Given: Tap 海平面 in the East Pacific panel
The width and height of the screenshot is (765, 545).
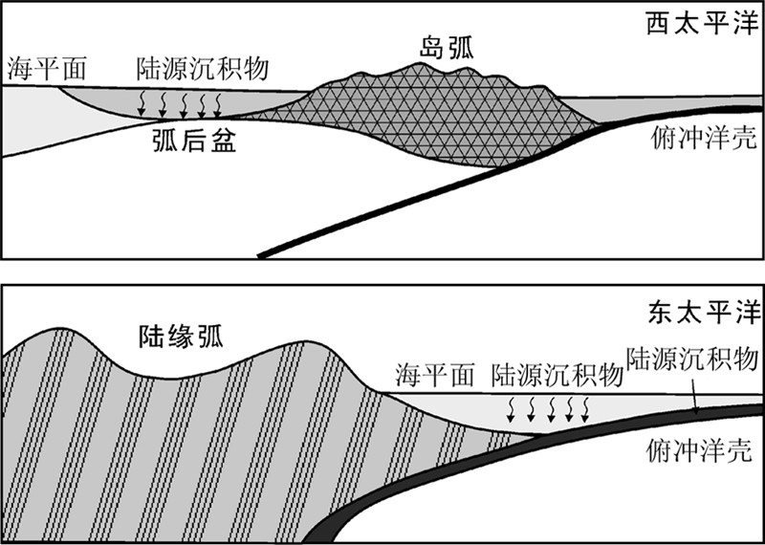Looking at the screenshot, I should pyautogui.click(x=435, y=376).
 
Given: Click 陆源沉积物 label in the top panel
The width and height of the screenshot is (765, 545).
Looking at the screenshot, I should pyautogui.click(x=202, y=68).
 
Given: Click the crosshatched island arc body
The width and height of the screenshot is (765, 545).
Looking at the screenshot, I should pyautogui.click(x=449, y=120).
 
